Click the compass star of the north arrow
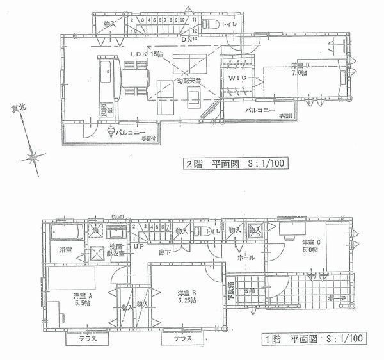point(34,156)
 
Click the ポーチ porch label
point(339,299)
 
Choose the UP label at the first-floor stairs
point(137,245)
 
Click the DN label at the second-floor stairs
point(187,40)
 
